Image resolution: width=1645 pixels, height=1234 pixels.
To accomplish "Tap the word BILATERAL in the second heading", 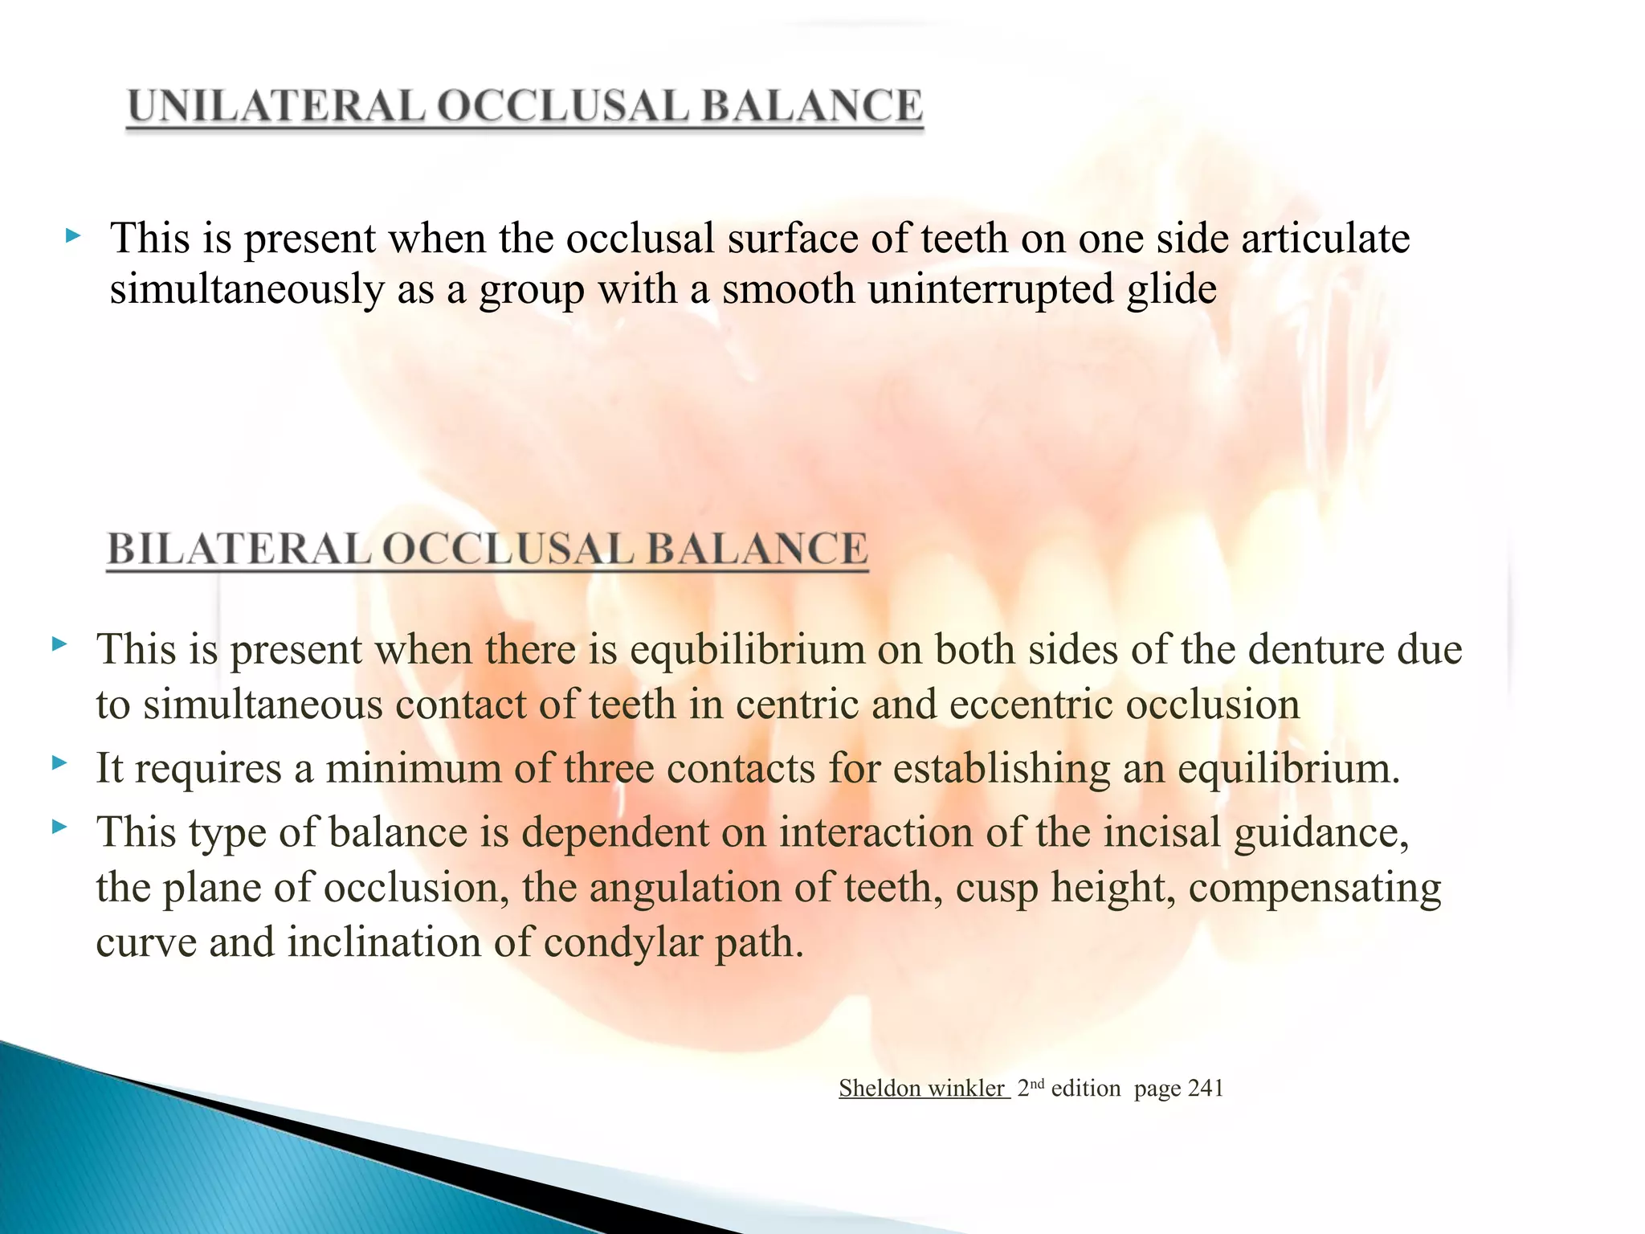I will pos(239,550).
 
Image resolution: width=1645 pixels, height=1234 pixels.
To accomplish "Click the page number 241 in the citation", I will pos(1205,1089).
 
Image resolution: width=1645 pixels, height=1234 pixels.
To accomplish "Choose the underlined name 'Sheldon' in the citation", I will pos(880,1089).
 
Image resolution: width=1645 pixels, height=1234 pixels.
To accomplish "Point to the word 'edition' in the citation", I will pos(1085,1089).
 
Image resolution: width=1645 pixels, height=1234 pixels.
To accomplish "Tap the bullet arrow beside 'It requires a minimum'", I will pos(59,763).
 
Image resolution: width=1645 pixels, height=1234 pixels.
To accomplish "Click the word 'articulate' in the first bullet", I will pos(1325,239).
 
